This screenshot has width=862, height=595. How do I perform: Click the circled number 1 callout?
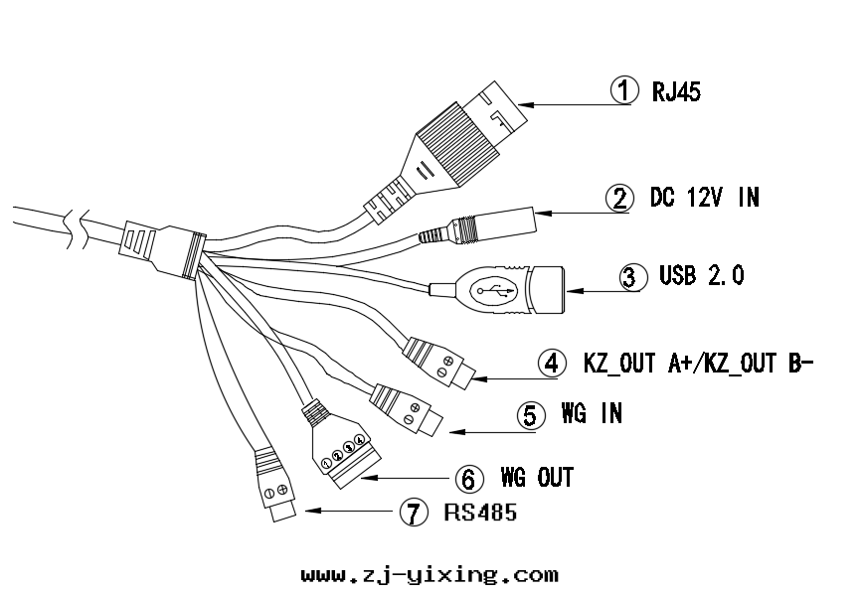624,90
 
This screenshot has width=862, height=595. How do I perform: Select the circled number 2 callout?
620,197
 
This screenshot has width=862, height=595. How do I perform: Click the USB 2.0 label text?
701,275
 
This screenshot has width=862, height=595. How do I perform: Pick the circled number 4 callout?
553,363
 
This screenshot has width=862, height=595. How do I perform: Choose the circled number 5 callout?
532,414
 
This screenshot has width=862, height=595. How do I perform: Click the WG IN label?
592,413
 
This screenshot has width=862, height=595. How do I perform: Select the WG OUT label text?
538,478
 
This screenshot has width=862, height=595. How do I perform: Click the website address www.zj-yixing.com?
430,575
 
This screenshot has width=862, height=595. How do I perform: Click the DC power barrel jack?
497,223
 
